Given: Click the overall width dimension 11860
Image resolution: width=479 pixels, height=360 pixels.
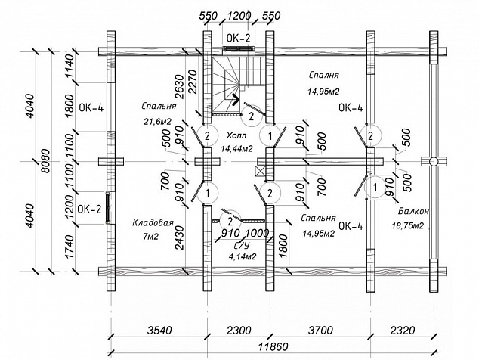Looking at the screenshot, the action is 273,346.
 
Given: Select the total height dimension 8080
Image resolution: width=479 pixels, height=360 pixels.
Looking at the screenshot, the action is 46,161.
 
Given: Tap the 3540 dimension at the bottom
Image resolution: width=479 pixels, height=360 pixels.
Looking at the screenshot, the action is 159,331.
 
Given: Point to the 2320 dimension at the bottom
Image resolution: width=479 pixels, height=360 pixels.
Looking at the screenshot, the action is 403,331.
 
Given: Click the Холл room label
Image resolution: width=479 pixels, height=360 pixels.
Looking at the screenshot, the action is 236,135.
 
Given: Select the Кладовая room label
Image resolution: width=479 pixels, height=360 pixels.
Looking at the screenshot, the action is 153,222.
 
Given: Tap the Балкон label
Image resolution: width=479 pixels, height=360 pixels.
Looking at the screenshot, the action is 413,211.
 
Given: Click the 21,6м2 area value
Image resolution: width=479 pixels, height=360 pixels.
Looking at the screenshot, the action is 158,122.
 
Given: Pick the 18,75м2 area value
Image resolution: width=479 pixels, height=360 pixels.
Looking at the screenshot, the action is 408,225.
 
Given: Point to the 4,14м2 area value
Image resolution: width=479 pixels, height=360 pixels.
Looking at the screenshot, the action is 243,256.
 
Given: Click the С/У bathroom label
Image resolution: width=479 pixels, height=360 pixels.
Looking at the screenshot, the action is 242,245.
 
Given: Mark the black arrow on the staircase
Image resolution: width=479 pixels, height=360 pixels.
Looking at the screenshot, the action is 235,99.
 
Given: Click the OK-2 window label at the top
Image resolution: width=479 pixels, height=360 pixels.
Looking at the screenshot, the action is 238,38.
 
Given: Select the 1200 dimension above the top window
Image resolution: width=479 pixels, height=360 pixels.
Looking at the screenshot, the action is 239,16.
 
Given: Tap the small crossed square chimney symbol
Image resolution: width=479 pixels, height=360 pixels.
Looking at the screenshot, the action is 259,171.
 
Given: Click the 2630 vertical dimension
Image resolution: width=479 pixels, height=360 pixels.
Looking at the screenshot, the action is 180,86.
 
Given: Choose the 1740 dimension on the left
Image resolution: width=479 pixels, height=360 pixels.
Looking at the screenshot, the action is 70,247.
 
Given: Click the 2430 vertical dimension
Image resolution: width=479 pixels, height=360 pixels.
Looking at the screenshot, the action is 180,237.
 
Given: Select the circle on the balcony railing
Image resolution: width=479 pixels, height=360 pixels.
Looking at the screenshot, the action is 433,161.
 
